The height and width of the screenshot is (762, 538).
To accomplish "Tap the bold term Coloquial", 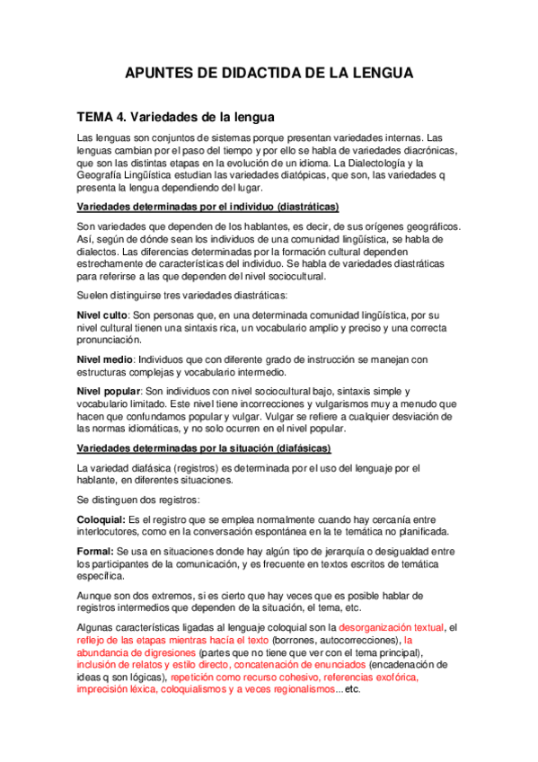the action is [101, 518].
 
